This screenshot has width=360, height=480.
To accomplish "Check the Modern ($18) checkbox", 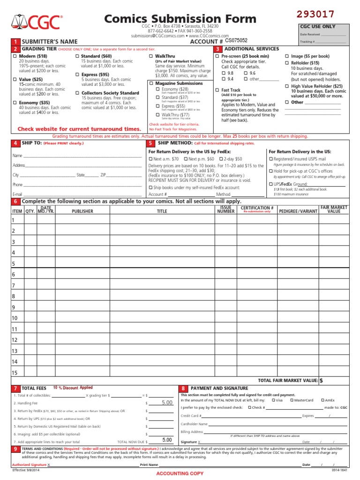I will coord(15,56).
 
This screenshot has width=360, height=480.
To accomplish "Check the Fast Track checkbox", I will coord(217,90).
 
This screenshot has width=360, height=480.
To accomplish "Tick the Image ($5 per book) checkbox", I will coord(287,56).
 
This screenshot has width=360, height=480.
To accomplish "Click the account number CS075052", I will coord(236,41).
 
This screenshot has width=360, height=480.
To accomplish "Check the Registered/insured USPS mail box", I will coord(270,159).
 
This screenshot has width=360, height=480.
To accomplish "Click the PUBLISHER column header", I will coord(82,211).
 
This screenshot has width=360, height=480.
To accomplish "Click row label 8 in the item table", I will coord(14,296).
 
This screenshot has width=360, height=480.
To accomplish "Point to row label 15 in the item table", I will coord(15,373).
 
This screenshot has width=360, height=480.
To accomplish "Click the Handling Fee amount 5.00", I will coord(167,403).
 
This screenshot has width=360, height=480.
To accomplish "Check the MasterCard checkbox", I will coord(292,400).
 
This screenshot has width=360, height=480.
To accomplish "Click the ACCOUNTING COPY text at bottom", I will coord(180,473).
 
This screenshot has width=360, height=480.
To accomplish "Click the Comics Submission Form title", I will coord(180,19).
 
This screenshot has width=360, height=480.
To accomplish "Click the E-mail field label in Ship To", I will coord(17,194).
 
